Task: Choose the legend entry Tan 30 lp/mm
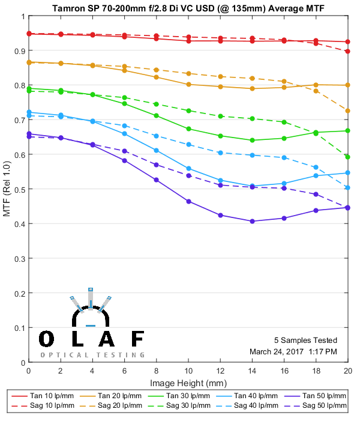(x=179, y=396)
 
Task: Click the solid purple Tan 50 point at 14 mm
(x=252, y=221)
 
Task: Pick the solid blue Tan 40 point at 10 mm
(x=188, y=169)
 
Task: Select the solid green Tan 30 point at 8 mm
(x=156, y=115)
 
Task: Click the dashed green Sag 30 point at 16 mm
(x=284, y=122)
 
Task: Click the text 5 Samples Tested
(x=305, y=340)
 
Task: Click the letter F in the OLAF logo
(x=137, y=339)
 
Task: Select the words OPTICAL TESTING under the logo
(x=92, y=355)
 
